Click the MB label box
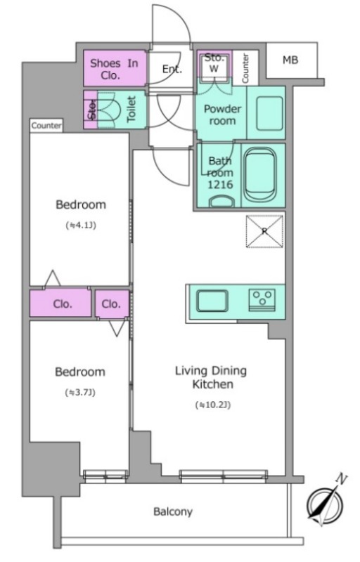[292, 60]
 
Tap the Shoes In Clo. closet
[115, 68]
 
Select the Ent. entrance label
[172, 69]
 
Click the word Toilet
[131, 109]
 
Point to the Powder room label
[222, 115]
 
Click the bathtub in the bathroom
[260, 176]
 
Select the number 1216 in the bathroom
[220, 185]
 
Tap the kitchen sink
[212, 301]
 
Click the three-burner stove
[262, 300]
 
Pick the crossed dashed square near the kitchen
[264, 231]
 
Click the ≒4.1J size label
[81, 226]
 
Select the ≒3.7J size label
[80, 393]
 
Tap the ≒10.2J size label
[213, 405]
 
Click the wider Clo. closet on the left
[60, 303]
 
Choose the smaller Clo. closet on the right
[112, 304]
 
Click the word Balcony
[173, 511]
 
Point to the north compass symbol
[326, 502]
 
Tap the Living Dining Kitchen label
[211, 377]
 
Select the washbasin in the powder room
[269, 113]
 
